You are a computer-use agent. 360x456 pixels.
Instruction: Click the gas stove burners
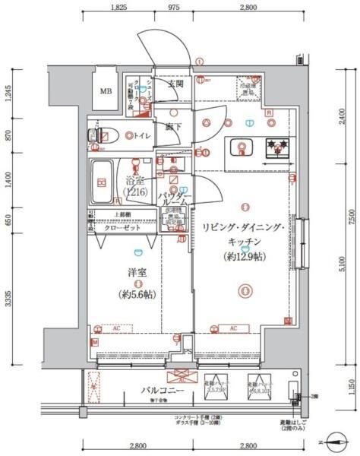click(x=276, y=147)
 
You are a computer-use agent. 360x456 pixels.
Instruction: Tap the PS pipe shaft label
click(x=188, y=352)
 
